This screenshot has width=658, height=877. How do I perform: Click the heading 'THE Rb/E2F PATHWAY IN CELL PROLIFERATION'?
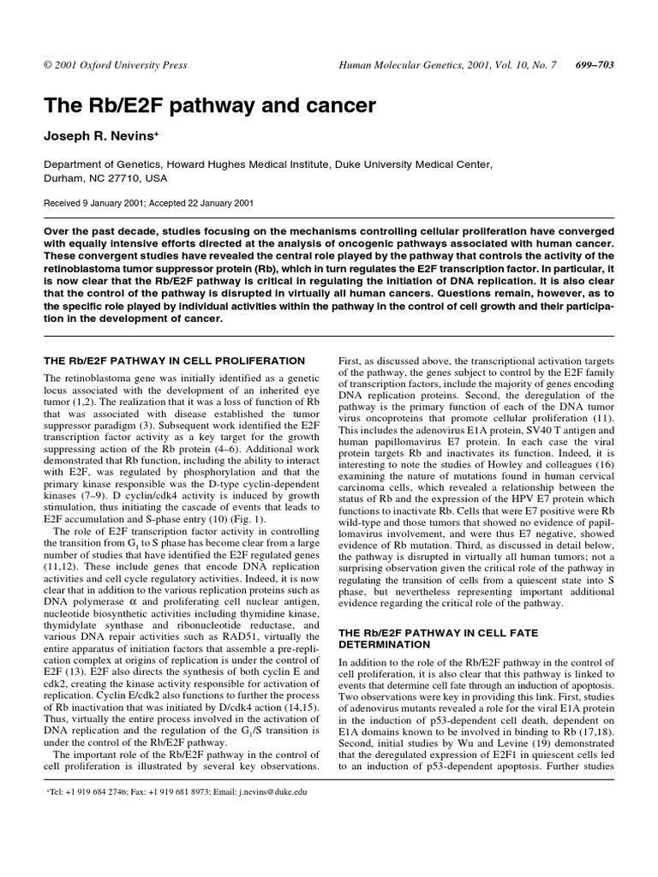pos(175,361)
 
